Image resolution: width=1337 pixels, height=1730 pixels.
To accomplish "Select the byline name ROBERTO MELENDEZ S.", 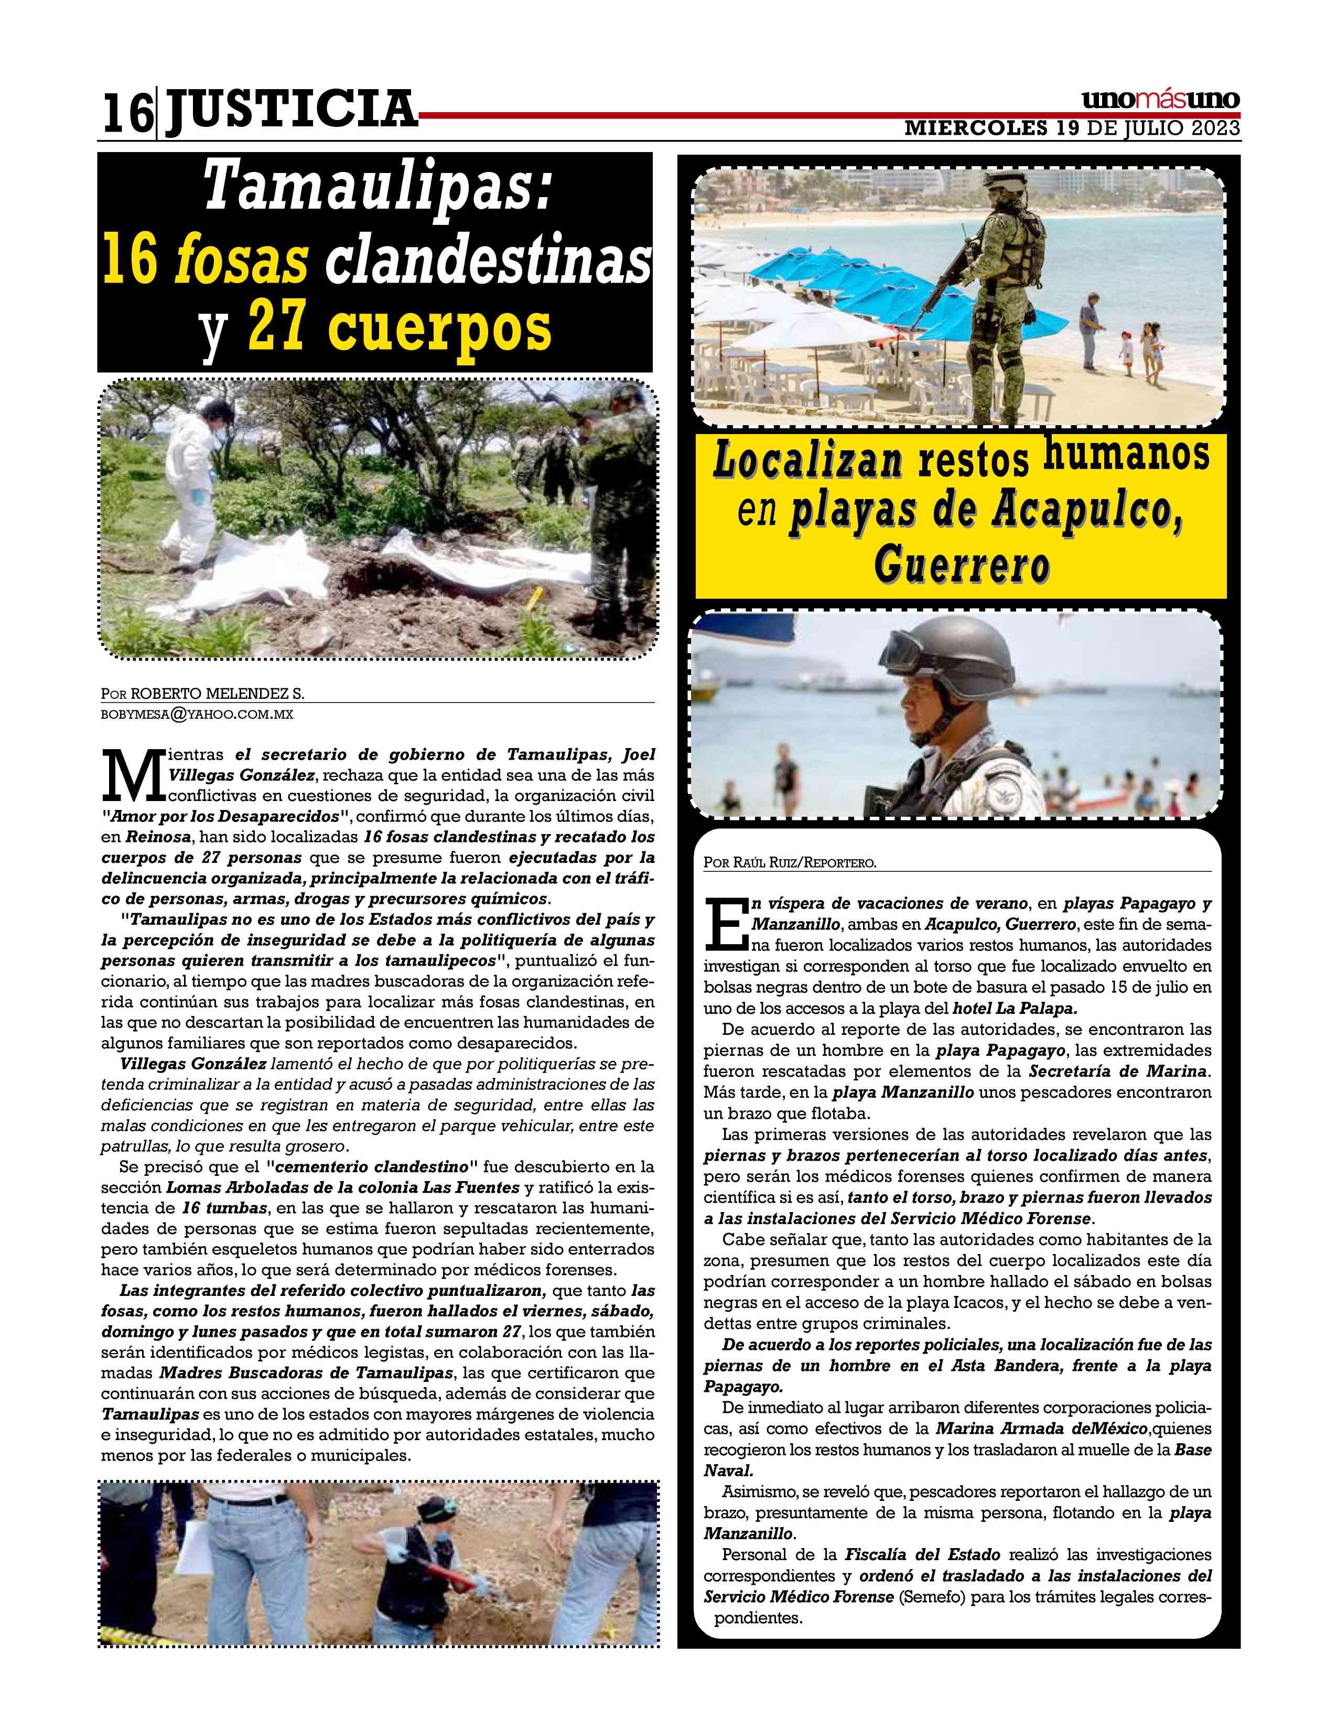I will pyautogui.click(x=217, y=694).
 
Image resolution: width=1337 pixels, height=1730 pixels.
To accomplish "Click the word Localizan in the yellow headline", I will pyautogui.click(x=808, y=461).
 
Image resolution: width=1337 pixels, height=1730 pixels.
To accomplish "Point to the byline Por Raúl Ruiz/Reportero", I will pyautogui.click(x=790, y=862).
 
